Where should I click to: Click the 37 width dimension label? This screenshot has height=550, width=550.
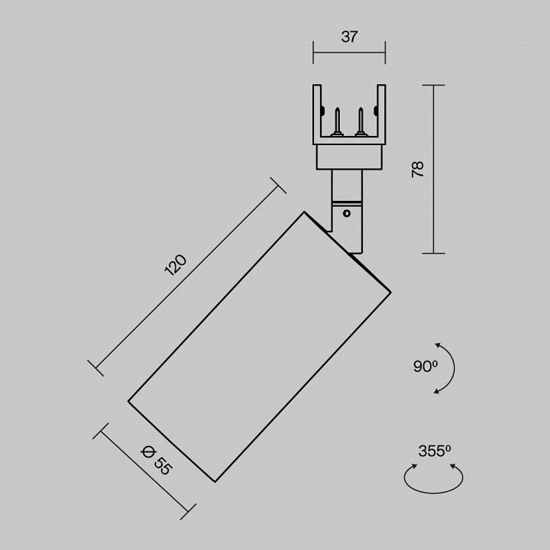click(x=349, y=37)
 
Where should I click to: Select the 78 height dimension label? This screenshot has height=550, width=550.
click(x=418, y=170)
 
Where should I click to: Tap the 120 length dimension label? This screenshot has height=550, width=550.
click(x=176, y=265)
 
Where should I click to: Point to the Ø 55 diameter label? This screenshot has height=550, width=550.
click(x=157, y=460)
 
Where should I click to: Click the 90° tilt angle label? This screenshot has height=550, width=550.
click(x=425, y=367)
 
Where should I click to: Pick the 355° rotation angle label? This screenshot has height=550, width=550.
click(x=434, y=451)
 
